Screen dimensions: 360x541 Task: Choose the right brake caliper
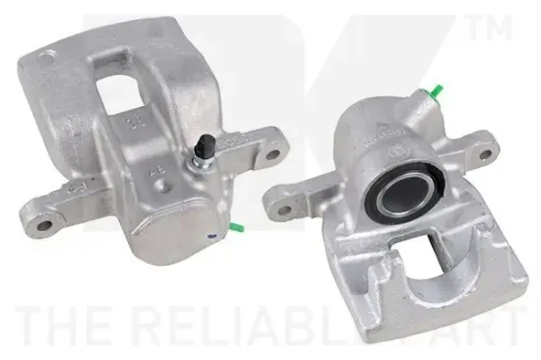tap(393, 197)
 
